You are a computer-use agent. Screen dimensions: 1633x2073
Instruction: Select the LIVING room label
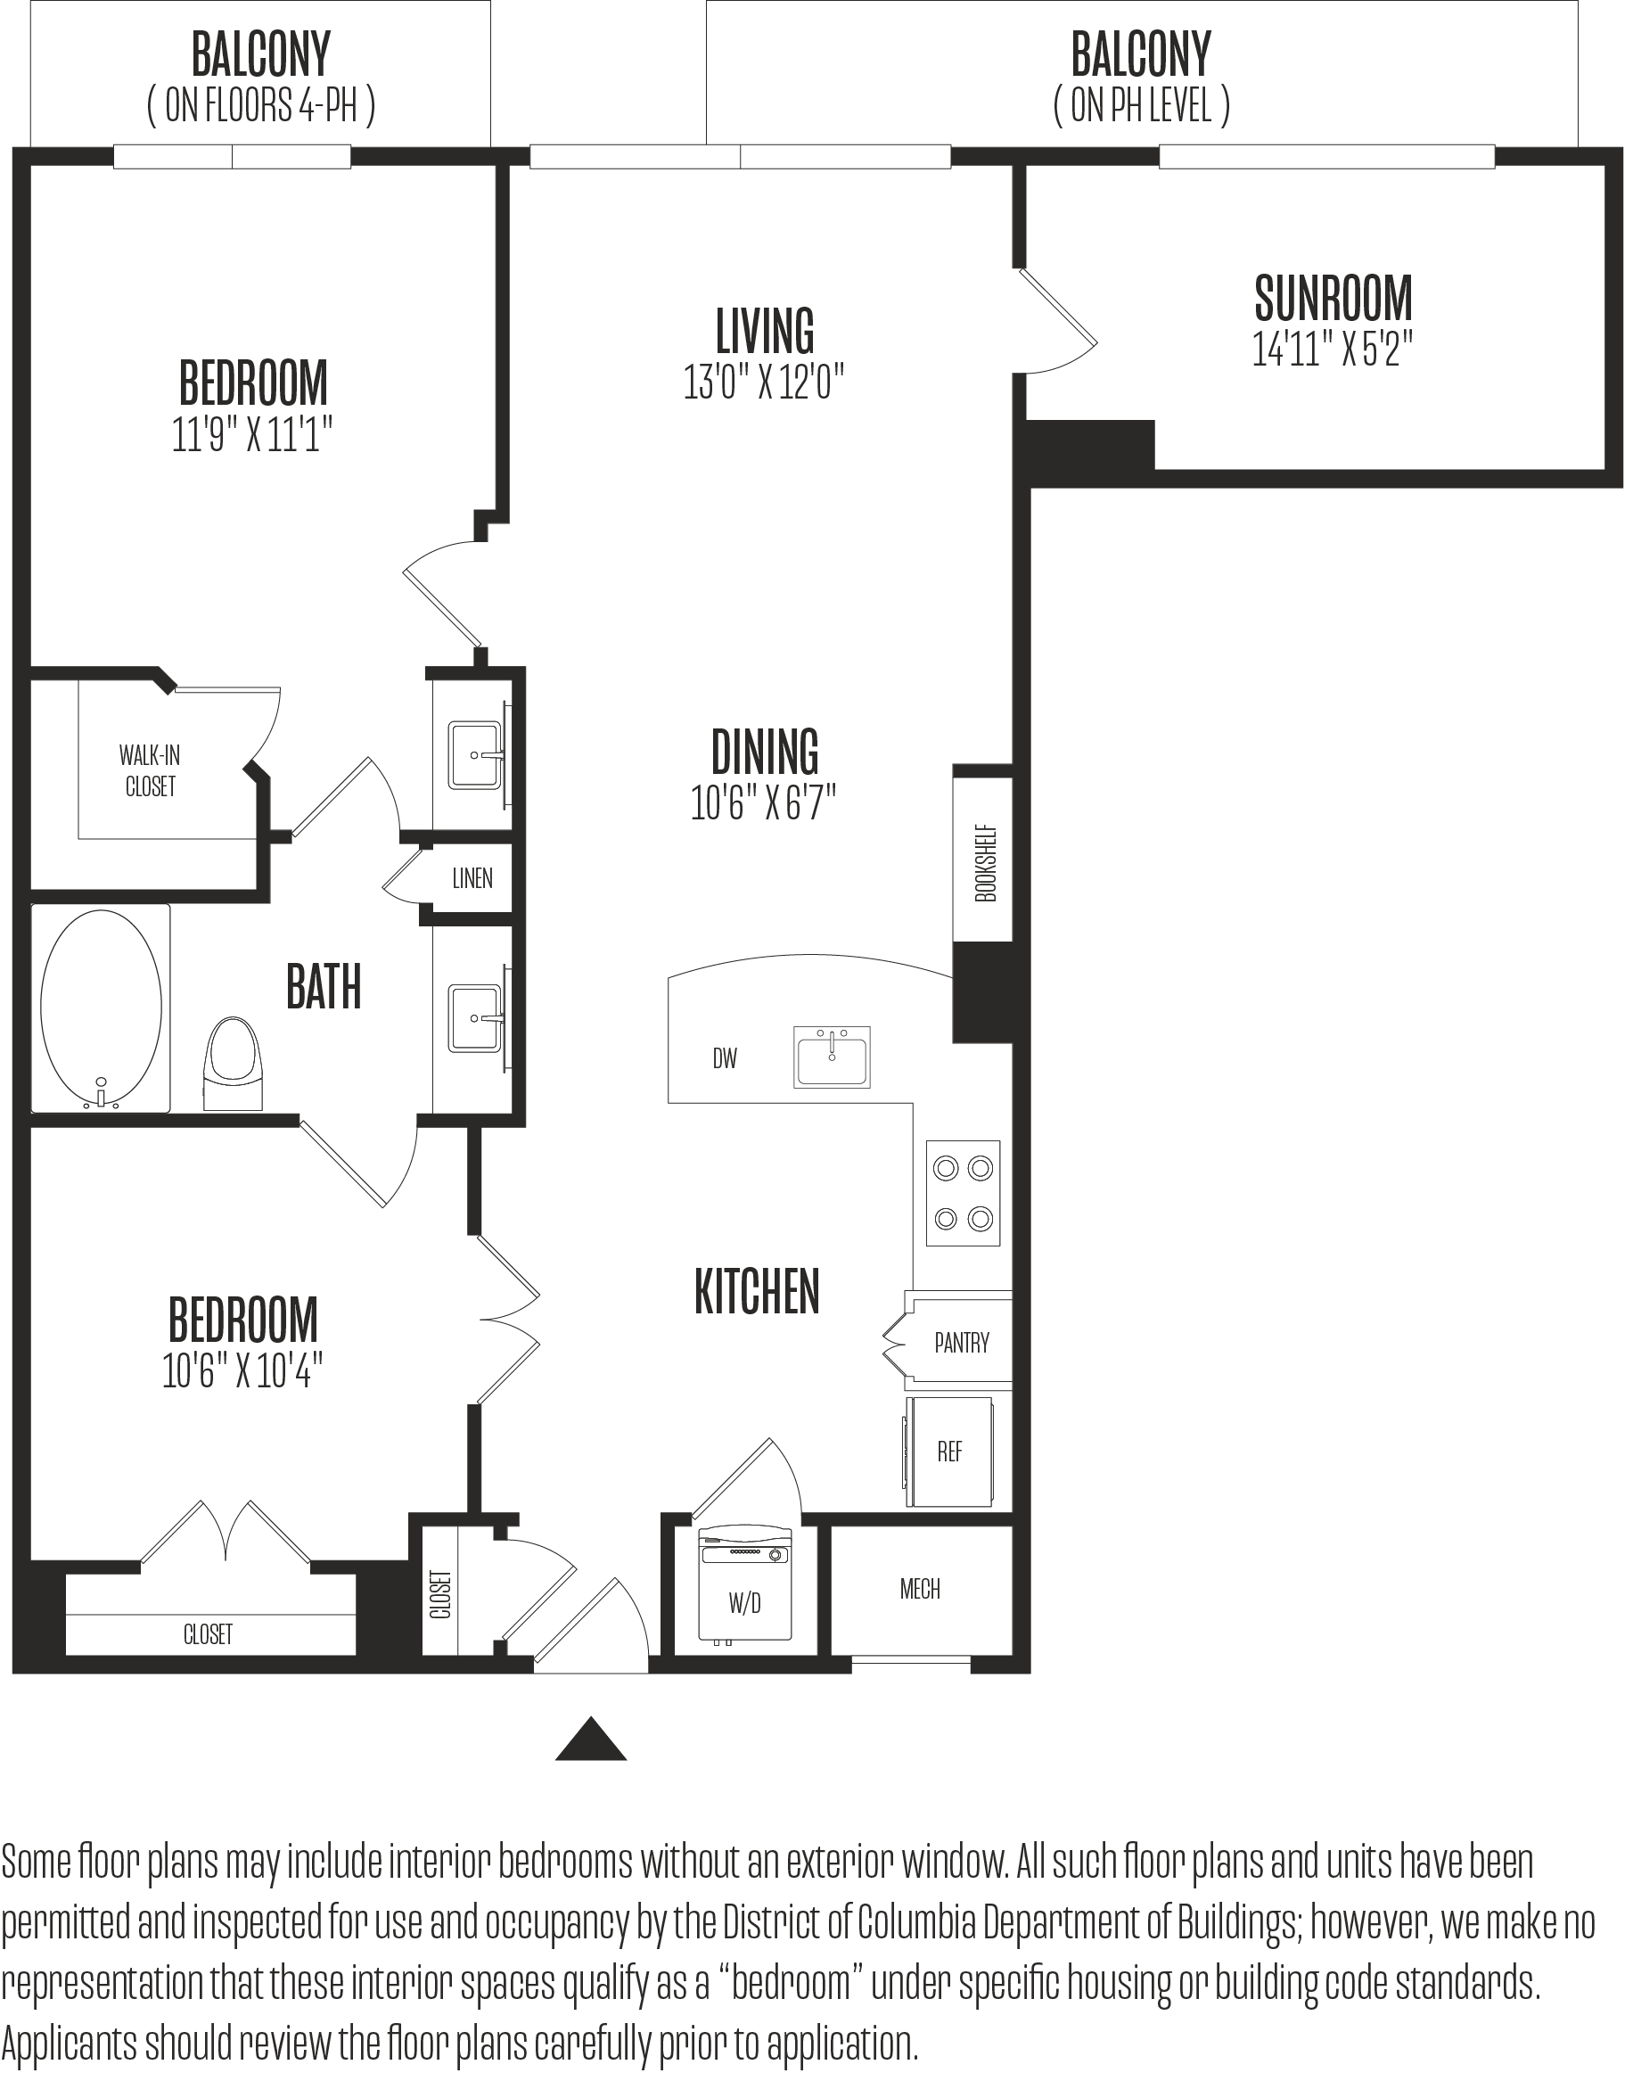pos(765,331)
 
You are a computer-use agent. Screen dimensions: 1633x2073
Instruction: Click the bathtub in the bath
pos(102,1008)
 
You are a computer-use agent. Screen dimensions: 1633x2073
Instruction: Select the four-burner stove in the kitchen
pos(964,1193)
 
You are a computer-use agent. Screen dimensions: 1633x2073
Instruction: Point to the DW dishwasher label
pos(725,1058)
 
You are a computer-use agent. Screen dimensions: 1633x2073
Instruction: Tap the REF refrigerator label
pos(949,1452)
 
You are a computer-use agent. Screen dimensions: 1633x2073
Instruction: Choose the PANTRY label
pos(962,1344)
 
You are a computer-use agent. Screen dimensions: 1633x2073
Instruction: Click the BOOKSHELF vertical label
pos(986,862)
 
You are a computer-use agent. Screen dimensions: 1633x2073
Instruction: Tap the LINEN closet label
pos(472,879)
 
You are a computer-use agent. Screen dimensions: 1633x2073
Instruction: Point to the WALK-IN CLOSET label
pos(150,770)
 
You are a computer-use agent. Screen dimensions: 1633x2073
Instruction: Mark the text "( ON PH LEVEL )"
pos(1142,105)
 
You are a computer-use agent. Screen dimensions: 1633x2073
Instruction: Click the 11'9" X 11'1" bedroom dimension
pos(252,435)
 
